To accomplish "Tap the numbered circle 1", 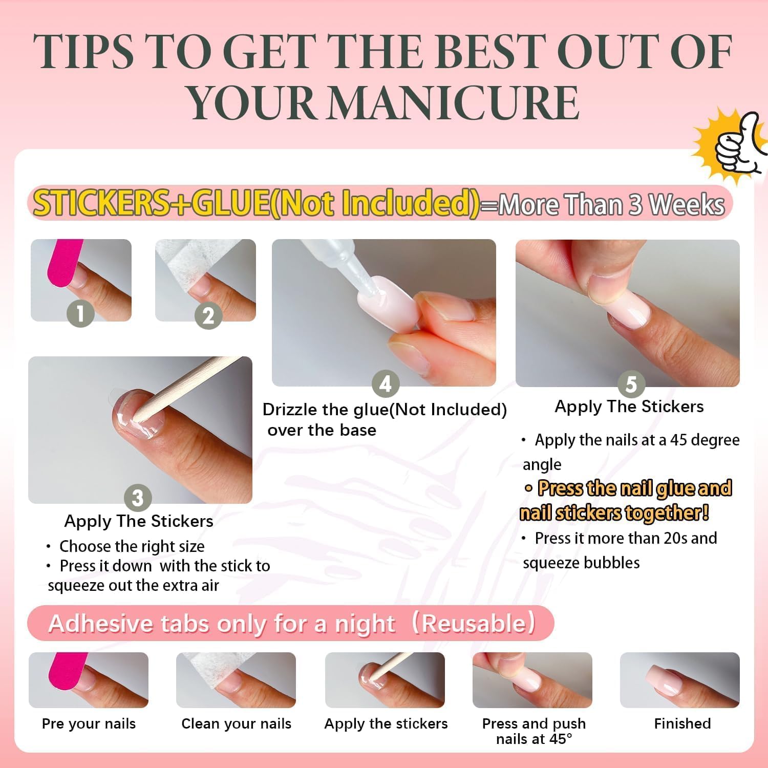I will pos(80,313).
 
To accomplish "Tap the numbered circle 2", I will pos(208,315).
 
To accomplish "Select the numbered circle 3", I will pos(138,498).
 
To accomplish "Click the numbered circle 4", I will pos(385,383).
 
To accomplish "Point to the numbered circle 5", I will pos(631,383).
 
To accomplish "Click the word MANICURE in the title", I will pos(453,102).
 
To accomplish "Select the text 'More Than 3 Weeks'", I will pos(611,205).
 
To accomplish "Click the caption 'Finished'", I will pos(682,723).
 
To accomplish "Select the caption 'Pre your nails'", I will pos(89,724).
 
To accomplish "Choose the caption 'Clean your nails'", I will pos(236,724).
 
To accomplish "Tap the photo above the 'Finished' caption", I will pos(679,680).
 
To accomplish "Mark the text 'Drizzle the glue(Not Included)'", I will pos(385,410).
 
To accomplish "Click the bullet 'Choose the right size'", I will pos(132,546).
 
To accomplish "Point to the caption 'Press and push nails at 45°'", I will pos(534,731).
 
